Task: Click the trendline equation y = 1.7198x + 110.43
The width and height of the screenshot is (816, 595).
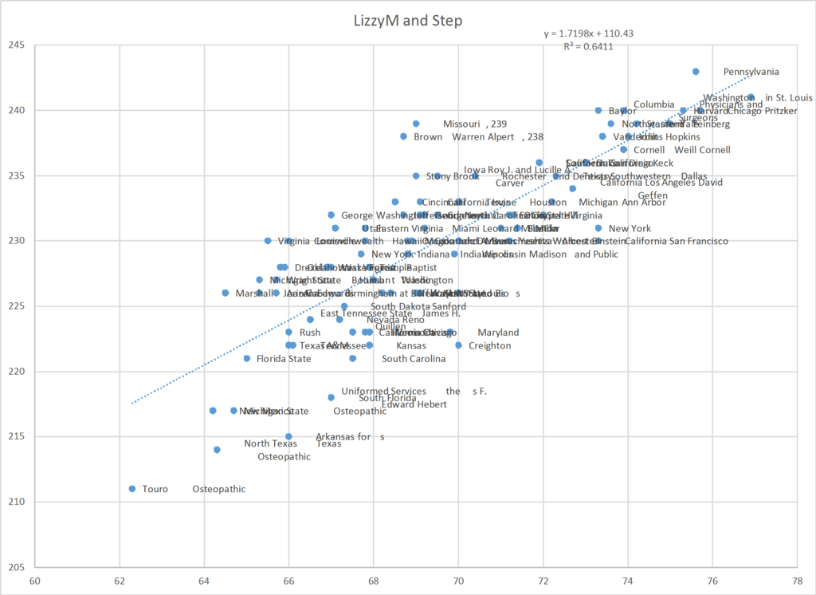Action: coord(589,33)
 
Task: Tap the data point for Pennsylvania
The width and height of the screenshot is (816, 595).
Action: coord(696,71)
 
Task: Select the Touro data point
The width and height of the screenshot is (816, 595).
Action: coord(132,489)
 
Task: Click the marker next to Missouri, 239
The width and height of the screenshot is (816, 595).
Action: coord(416,124)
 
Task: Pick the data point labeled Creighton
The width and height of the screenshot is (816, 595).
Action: coord(458,345)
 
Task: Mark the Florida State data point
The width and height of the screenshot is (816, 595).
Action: coord(247,358)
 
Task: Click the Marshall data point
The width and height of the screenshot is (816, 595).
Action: coord(226,293)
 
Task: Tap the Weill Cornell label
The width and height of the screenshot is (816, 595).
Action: coord(702,149)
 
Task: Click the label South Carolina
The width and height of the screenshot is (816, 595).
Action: coord(414,358)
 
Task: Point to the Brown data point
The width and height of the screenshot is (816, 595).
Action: coord(404,136)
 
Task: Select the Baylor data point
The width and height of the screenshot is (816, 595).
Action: coord(598,110)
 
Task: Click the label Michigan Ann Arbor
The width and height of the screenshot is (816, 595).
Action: coord(622,202)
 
